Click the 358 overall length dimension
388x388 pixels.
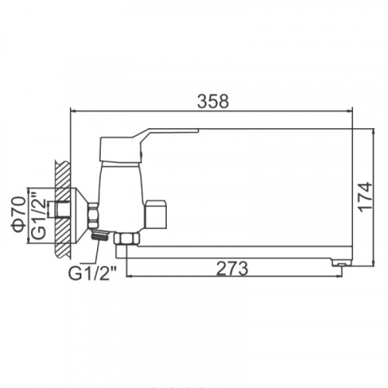213,101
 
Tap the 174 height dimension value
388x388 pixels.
365,197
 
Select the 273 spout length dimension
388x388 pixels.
232,268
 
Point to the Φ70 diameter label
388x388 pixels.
19,214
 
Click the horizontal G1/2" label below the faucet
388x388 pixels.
92,273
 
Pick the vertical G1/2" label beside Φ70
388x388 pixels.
39,215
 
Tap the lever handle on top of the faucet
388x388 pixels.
145,145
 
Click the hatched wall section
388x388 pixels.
62,209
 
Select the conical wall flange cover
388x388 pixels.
80,216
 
